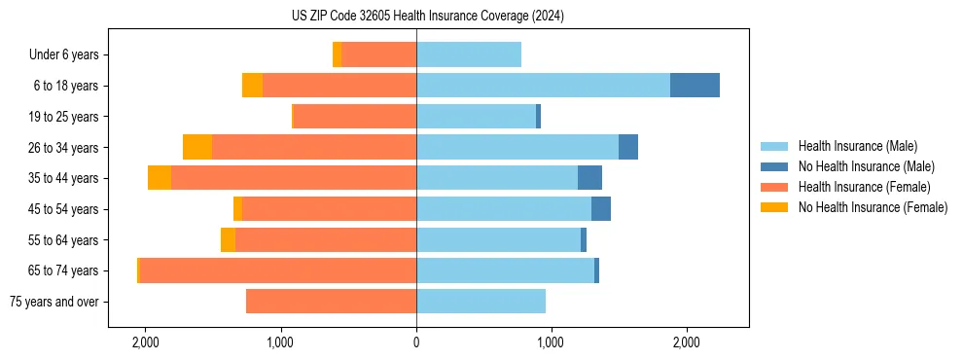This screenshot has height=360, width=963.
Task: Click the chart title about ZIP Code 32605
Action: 481,17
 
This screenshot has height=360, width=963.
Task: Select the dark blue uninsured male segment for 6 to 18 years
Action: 695,86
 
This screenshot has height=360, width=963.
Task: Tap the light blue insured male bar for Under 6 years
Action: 469,54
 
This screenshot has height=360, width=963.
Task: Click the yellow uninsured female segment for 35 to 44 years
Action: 160,178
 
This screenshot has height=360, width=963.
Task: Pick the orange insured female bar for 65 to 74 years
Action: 278,270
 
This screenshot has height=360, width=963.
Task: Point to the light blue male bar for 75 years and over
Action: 481,302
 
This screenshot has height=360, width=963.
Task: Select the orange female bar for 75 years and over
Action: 331,302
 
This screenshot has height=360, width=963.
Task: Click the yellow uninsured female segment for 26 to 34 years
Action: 197,147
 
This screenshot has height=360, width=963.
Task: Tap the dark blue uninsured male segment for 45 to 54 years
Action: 601,209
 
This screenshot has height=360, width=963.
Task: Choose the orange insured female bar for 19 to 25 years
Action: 354,117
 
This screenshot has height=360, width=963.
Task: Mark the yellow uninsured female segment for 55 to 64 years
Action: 228,239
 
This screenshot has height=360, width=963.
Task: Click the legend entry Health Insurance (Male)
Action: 857,146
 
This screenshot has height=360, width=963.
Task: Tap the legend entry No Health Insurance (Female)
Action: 873,207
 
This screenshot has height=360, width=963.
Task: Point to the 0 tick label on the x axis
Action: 416,342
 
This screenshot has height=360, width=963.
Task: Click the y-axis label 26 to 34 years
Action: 64,147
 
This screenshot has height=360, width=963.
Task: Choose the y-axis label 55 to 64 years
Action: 64,240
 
